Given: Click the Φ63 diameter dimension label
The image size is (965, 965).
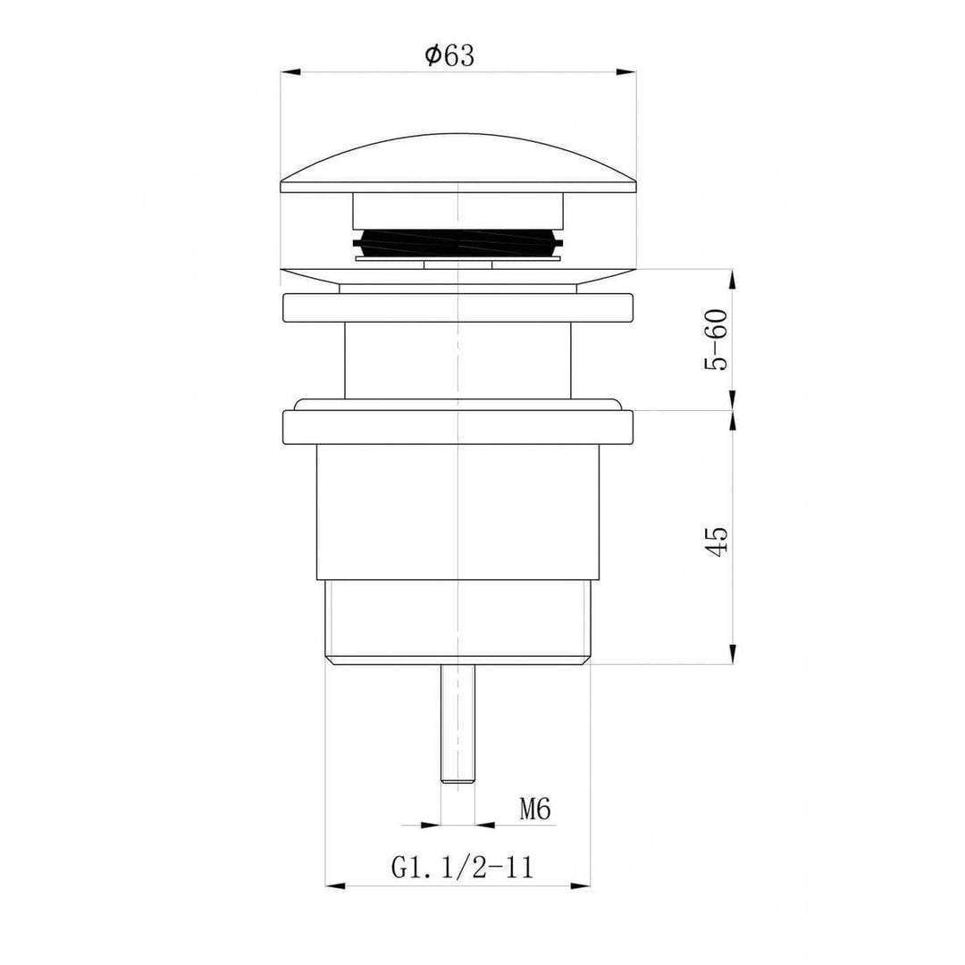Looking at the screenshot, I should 449,55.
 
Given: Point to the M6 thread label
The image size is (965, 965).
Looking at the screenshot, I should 534,810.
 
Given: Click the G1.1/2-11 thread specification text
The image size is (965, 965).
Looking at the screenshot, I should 462,866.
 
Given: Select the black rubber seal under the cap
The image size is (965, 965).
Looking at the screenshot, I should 457,242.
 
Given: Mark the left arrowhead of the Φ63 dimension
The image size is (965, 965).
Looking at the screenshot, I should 289,71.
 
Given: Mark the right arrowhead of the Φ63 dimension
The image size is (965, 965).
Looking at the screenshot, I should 628,71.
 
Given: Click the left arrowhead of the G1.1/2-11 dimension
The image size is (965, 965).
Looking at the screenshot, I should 333,885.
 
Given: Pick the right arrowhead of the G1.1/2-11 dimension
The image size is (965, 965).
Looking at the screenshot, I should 582,885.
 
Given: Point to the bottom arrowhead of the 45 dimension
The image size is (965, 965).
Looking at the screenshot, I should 733,656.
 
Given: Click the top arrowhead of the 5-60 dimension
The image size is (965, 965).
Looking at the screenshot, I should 733,278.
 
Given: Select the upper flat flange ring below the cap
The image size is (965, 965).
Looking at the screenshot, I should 457,307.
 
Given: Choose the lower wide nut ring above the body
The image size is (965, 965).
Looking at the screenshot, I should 457,426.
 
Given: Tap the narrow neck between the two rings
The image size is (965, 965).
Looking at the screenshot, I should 457,359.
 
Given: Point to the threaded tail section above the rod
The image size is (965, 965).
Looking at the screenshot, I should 457,621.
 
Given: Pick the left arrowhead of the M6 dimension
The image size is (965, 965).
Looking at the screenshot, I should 433,825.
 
